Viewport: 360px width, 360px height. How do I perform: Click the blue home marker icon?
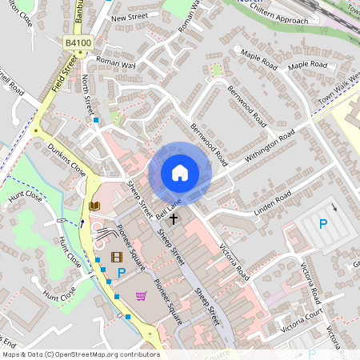tap(180, 172)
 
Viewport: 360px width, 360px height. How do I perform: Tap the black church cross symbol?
tap(174, 218)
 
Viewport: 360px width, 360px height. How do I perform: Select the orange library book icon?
tap(94, 206)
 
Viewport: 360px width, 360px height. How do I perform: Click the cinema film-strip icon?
tap(117, 257)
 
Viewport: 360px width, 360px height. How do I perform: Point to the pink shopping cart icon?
tap(142, 296)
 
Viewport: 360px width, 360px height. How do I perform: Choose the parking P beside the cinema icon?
tap(122, 274)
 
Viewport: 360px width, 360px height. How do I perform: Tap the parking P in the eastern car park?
tap(323, 225)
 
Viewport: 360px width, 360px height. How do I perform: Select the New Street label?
tap(130, 17)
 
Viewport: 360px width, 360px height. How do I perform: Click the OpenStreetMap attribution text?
tap(80, 354)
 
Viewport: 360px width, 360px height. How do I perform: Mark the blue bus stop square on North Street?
tap(96, 120)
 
